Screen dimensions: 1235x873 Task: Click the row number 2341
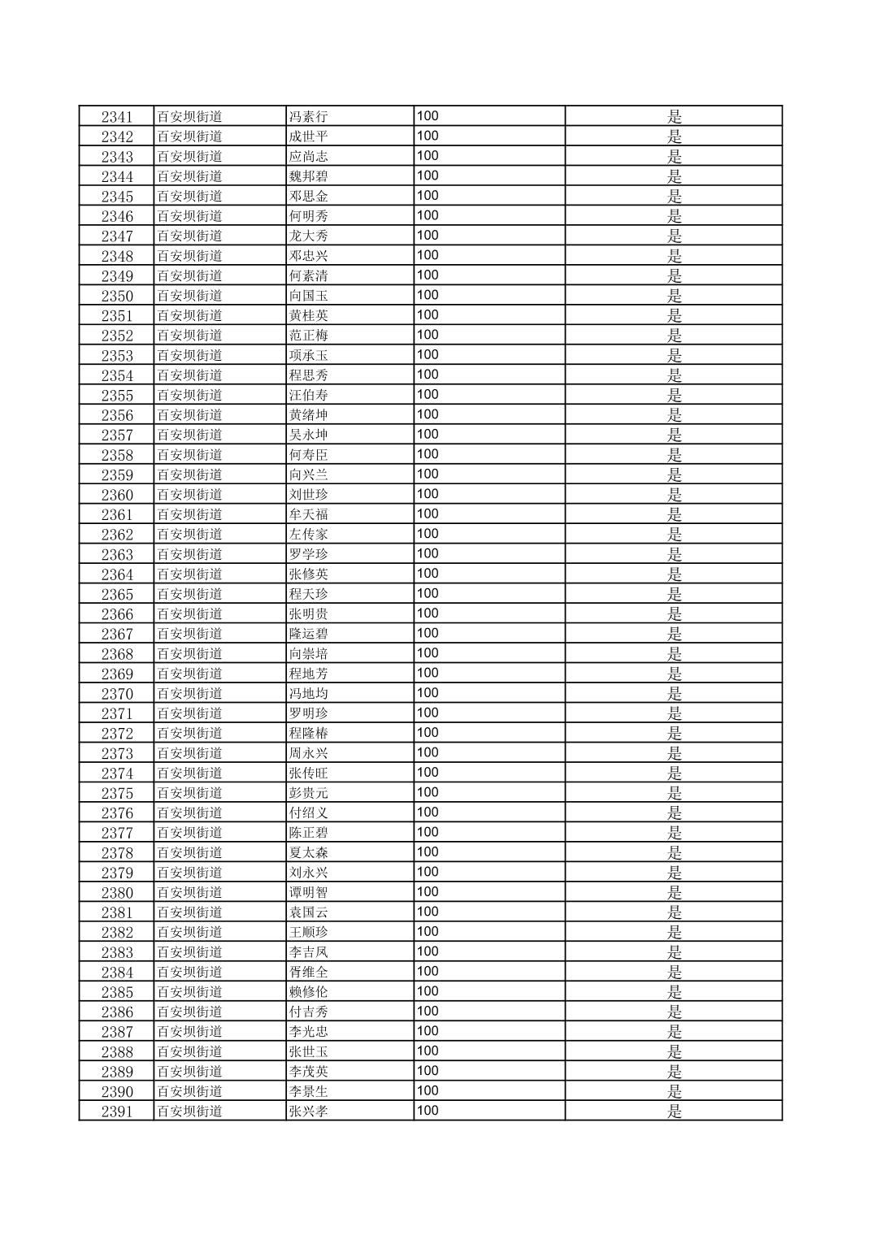tap(116, 117)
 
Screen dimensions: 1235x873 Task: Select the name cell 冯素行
tap(309, 117)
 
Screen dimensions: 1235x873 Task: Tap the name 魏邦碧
tap(309, 176)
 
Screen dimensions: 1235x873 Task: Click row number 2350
tap(116, 296)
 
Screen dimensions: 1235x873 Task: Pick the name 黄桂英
tap(309, 316)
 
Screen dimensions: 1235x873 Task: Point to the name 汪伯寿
tap(309, 396)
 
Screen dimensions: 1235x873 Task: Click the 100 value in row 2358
tap(428, 454)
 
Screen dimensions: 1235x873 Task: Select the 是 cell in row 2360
tap(674, 495)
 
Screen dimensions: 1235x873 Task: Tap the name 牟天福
tap(309, 514)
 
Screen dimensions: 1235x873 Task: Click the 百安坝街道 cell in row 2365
tap(189, 594)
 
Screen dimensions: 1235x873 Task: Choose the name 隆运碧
tap(309, 634)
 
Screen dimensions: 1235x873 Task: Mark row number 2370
tap(116, 694)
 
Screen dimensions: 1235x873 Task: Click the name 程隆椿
tap(309, 734)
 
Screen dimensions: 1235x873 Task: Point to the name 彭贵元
tap(309, 793)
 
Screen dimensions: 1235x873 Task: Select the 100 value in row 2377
tap(428, 832)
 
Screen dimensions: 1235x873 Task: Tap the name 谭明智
tap(309, 892)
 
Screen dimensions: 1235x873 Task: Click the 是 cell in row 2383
tap(674, 952)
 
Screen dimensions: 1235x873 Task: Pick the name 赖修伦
tap(309, 992)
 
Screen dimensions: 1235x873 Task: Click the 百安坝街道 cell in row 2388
tap(189, 1051)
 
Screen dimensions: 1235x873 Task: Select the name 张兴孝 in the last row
tap(309, 1111)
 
